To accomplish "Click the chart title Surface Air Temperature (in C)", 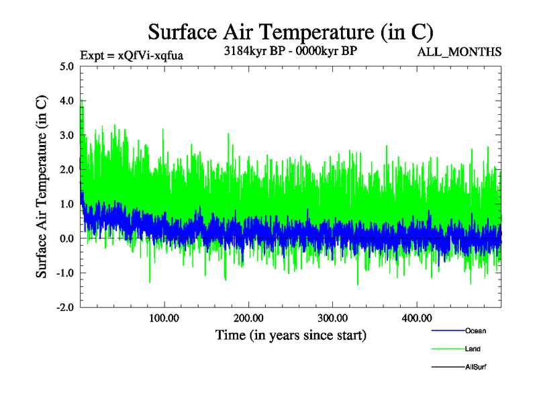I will (291, 32).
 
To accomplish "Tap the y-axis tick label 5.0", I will (66, 66).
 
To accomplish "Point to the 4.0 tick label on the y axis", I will (66, 101).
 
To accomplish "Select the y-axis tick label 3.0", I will (66, 135).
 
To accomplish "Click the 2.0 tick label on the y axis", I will (66, 169).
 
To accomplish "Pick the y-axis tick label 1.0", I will (66, 204).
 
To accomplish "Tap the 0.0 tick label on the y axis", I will (66, 238).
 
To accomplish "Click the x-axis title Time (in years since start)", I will (291, 334).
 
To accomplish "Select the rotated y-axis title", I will (42, 186).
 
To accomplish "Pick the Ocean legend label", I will (475, 330).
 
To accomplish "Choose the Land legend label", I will (473, 349).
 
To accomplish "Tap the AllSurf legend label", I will (475, 367).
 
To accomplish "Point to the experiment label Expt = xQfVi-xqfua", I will (131, 55).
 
